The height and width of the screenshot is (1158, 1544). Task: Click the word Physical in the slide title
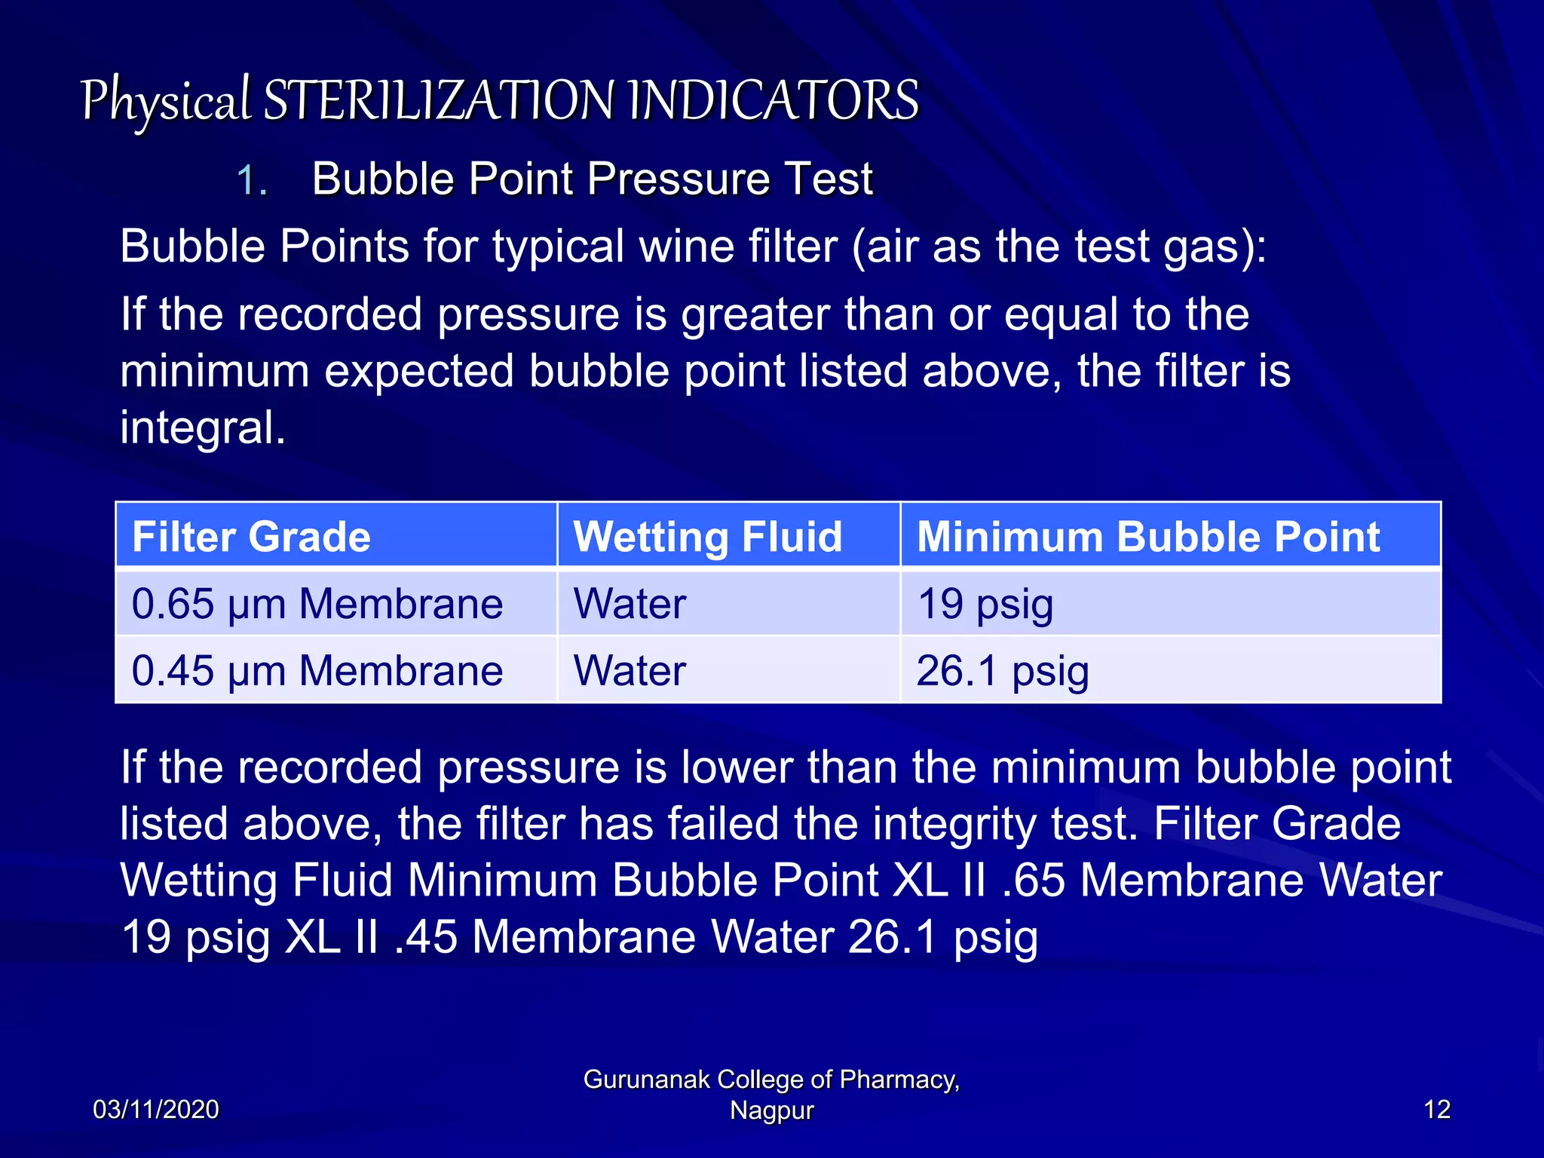tap(165, 100)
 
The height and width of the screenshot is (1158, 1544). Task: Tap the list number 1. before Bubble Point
tap(252, 181)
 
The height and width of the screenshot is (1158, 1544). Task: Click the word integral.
tap(202, 427)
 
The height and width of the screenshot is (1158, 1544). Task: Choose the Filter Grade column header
tap(251, 536)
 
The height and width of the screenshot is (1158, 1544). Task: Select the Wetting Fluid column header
tap(707, 536)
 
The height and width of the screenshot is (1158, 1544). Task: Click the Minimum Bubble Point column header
tap(1147, 536)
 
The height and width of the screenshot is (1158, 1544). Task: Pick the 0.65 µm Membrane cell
tap(317, 604)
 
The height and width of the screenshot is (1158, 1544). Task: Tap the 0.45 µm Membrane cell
tap(317, 670)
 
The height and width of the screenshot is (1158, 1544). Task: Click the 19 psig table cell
tap(985, 604)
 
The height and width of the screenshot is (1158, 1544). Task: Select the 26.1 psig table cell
tap(1003, 670)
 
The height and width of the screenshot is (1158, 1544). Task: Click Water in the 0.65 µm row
tap(630, 604)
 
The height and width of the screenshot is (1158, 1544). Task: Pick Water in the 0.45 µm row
tap(630, 670)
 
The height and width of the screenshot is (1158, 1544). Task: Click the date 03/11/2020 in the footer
tap(155, 1109)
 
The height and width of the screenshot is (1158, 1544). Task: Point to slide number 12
tap(1437, 1109)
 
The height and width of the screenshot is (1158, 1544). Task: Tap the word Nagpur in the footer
tap(771, 1111)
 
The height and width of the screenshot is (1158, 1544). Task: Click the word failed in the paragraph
tap(720, 823)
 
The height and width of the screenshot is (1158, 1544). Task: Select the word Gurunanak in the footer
tap(646, 1080)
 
